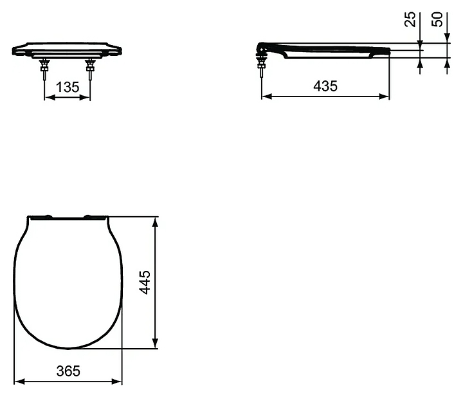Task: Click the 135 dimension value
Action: coord(68,87)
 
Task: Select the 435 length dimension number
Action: coord(325,86)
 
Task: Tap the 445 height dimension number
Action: coord(145,282)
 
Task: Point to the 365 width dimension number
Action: coord(68,371)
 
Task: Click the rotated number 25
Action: coord(410,19)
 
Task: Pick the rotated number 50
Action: coord(437,19)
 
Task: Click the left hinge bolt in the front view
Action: coord(44,69)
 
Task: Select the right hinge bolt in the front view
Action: coord(90,69)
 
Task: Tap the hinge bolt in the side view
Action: coord(261,66)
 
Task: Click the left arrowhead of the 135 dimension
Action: coord(50,97)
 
